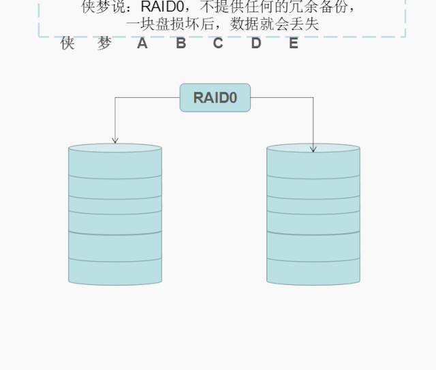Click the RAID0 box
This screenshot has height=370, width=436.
click(215, 97)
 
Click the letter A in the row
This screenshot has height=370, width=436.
click(142, 44)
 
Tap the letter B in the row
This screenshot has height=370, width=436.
click(181, 44)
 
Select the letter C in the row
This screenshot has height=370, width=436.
click(218, 44)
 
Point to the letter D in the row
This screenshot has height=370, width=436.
click(256, 44)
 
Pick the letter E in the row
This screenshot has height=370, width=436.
click(294, 44)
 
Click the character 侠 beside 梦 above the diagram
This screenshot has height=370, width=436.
click(67, 44)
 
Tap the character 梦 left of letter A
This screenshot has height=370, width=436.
click(104, 44)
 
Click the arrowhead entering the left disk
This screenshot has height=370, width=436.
click(115, 140)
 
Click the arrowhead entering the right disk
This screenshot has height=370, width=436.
click(313, 148)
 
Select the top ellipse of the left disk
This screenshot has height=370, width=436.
click(115, 148)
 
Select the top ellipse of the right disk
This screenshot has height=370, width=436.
click(313, 148)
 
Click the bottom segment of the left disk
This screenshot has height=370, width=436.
click(115, 271)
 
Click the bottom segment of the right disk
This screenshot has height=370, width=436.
click(313, 271)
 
